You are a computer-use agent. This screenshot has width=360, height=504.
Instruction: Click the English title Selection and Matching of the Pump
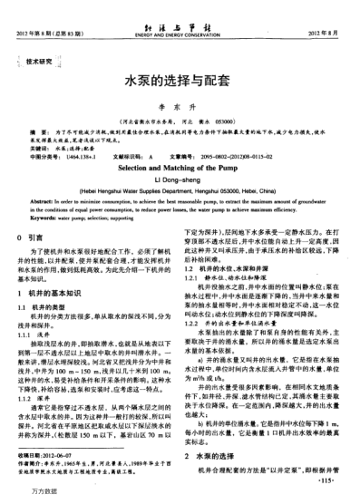pyautogui.click(x=180, y=168)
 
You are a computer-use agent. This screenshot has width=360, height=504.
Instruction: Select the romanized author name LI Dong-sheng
pyautogui.click(x=180, y=179)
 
